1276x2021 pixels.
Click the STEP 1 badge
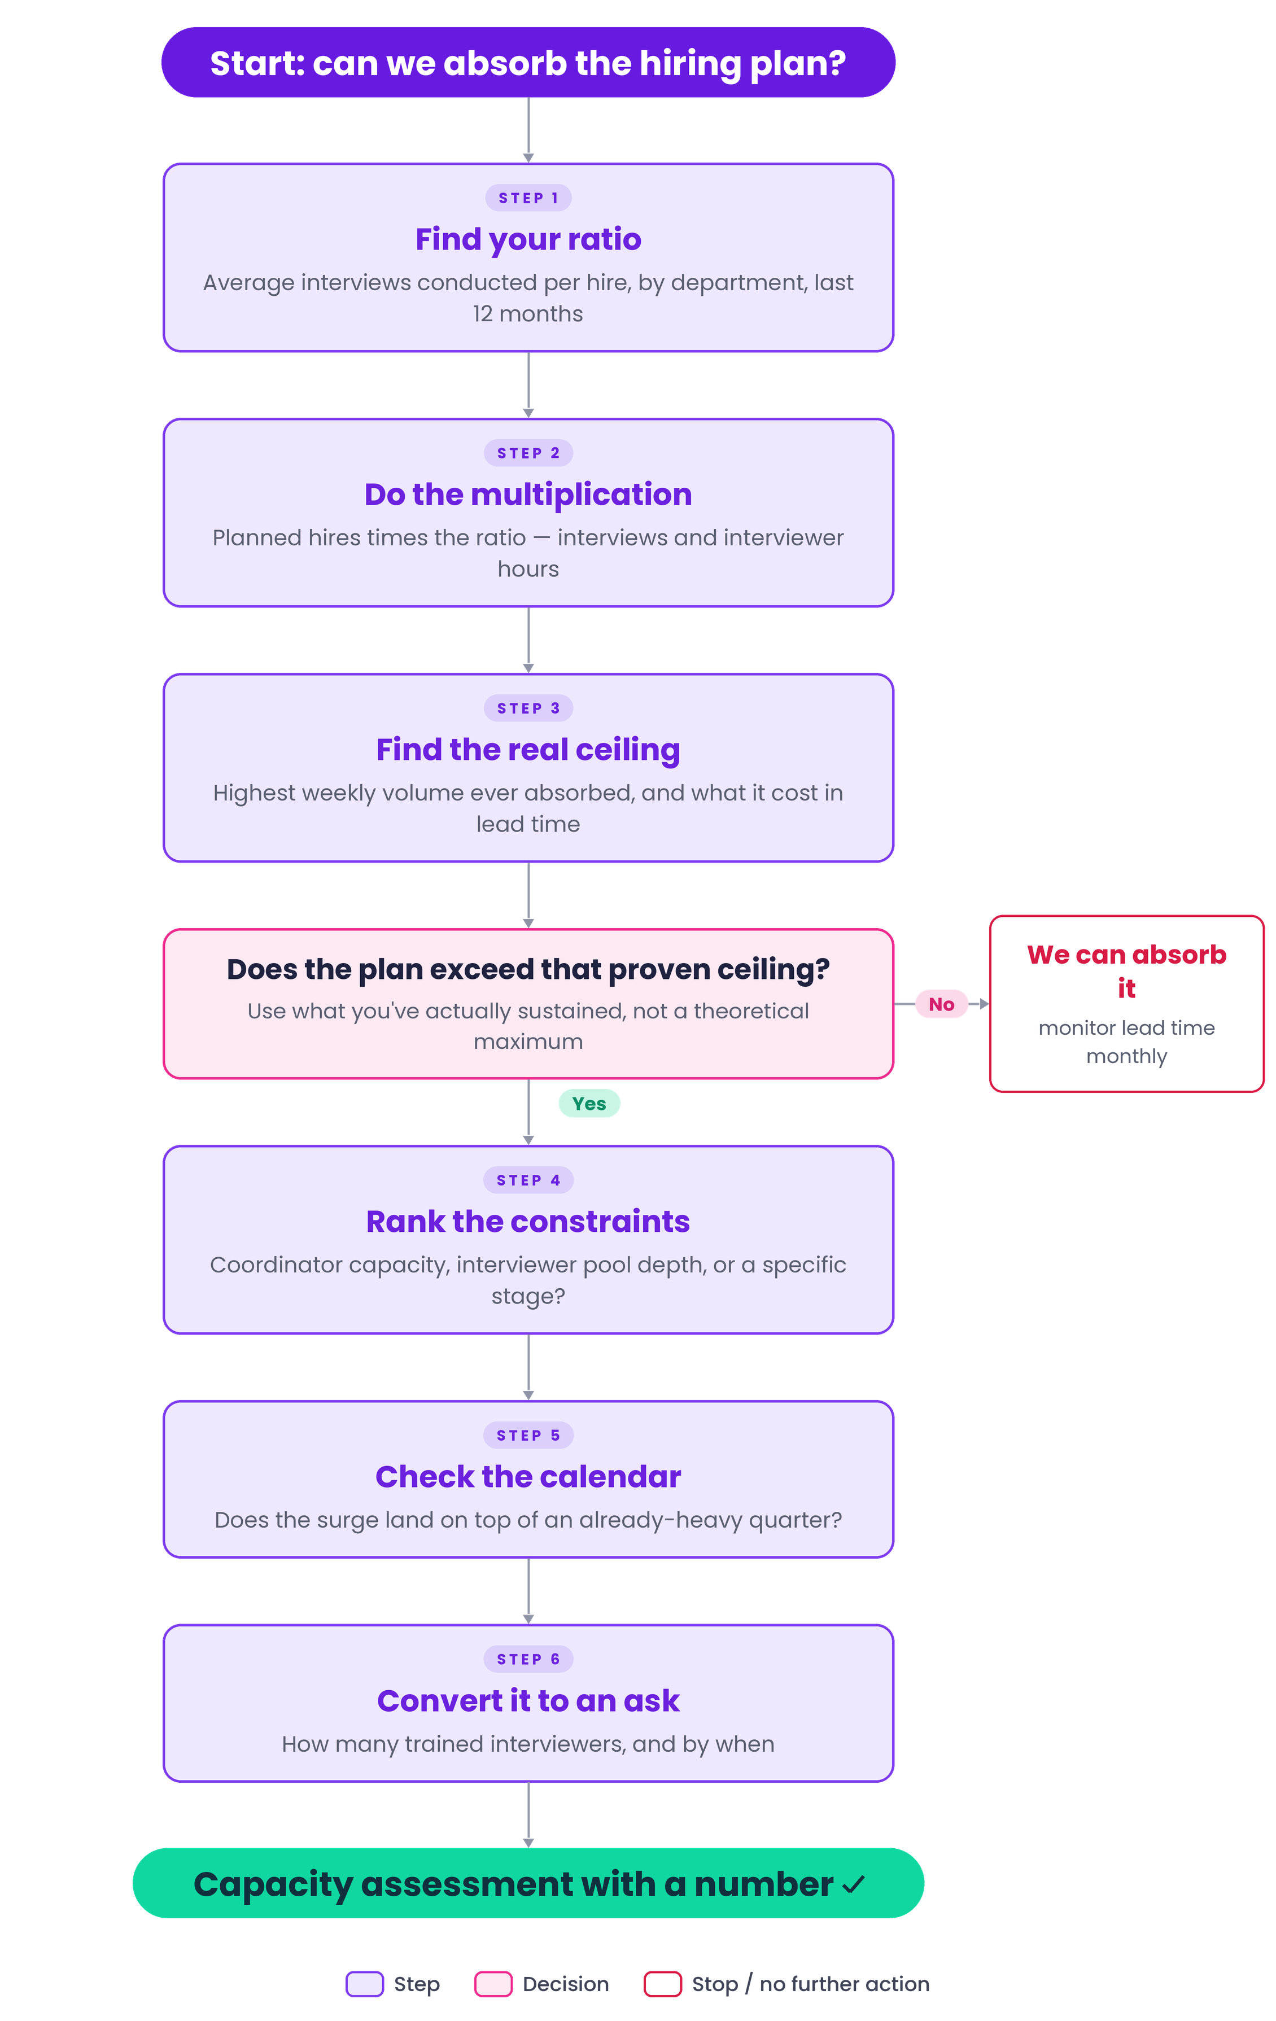pyautogui.click(x=528, y=198)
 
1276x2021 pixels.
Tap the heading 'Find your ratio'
pyautogui.click(x=528, y=239)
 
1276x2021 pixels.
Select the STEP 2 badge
pyautogui.click(x=528, y=453)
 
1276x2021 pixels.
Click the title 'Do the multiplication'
pyautogui.click(x=528, y=495)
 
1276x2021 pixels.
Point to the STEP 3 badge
pyautogui.click(x=528, y=708)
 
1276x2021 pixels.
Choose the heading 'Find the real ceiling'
pyautogui.click(x=528, y=750)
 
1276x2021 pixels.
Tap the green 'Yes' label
pyautogui.click(x=589, y=1104)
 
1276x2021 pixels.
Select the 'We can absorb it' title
pyautogui.click(x=1126, y=971)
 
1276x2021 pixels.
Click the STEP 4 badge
pyautogui.click(x=528, y=1180)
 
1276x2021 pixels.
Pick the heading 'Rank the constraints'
pyautogui.click(x=528, y=1221)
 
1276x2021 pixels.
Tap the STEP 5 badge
pyautogui.click(x=528, y=1435)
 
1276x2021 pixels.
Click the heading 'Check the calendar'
pyautogui.click(x=528, y=1476)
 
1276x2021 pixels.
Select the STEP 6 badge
pyautogui.click(x=528, y=1659)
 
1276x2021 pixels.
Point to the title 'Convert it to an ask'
pyautogui.click(x=528, y=1700)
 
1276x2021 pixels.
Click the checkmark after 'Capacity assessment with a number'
pyautogui.click(x=853, y=1885)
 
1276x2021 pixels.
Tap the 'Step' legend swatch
pyautogui.click(x=365, y=1984)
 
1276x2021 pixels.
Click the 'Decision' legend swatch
pyautogui.click(x=493, y=1984)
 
